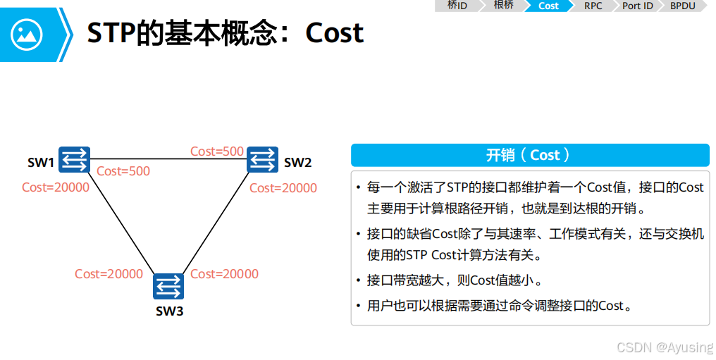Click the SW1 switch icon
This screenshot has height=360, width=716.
(74, 159)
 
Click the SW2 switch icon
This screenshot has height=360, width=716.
(263, 160)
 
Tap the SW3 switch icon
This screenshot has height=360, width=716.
(168, 286)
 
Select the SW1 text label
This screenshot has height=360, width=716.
(41, 163)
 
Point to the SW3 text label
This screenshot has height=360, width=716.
(169, 311)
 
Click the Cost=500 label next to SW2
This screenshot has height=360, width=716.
(217, 151)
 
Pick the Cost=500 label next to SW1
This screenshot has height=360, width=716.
(123, 171)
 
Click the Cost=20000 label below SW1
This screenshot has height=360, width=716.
(56, 187)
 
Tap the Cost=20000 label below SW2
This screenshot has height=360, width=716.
(283, 188)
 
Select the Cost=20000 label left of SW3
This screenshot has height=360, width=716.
(109, 274)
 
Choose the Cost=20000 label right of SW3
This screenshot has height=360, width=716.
(225, 274)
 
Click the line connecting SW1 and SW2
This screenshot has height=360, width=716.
(169, 159)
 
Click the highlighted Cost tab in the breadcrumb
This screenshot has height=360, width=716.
(548, 6)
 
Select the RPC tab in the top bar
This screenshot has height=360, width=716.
(593, 6)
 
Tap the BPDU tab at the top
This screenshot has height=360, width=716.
(682, 6)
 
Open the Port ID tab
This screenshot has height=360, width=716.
(637, 6)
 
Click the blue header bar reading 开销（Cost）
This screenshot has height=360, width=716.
(530, 155)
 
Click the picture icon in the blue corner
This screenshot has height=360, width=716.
(27, 33)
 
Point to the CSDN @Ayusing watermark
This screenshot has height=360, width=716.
(665, 347)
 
